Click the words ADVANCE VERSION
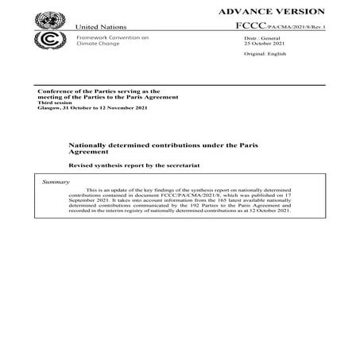282,11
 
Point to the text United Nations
101,27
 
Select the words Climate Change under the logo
97,45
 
